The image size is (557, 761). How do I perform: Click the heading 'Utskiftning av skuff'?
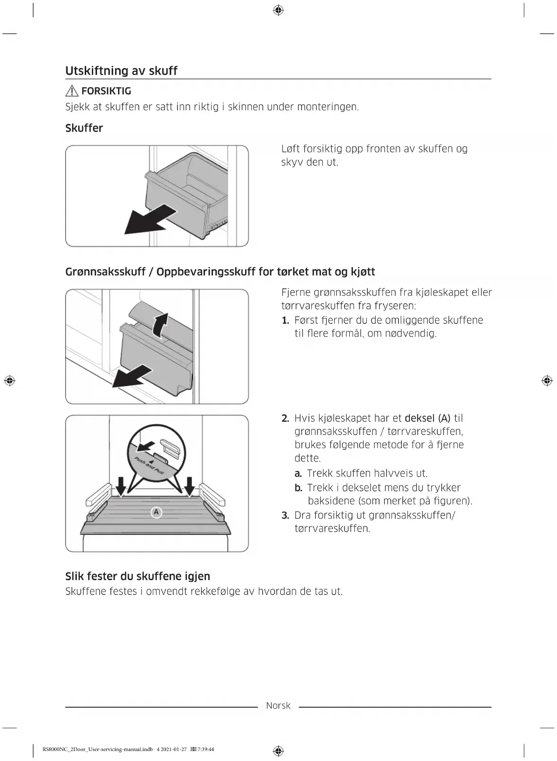coord(121,71)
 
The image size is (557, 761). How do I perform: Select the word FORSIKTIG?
coord(106,91)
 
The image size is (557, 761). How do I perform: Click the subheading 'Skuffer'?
coord(84,128)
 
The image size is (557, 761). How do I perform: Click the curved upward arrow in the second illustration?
coord(162,325)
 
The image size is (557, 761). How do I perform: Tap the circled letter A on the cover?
coord(156,512)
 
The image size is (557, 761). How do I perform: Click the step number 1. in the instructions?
coord(285,320)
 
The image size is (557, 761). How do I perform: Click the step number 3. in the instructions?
coord(285,515)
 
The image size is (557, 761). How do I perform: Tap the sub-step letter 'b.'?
coord(298,488)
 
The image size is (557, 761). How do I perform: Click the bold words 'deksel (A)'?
coord(427,418)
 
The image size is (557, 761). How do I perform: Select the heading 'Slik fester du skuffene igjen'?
coord(138,576)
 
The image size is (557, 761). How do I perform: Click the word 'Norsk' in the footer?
coord(278,706)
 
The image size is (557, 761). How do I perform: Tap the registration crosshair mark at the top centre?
coord(278,10)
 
